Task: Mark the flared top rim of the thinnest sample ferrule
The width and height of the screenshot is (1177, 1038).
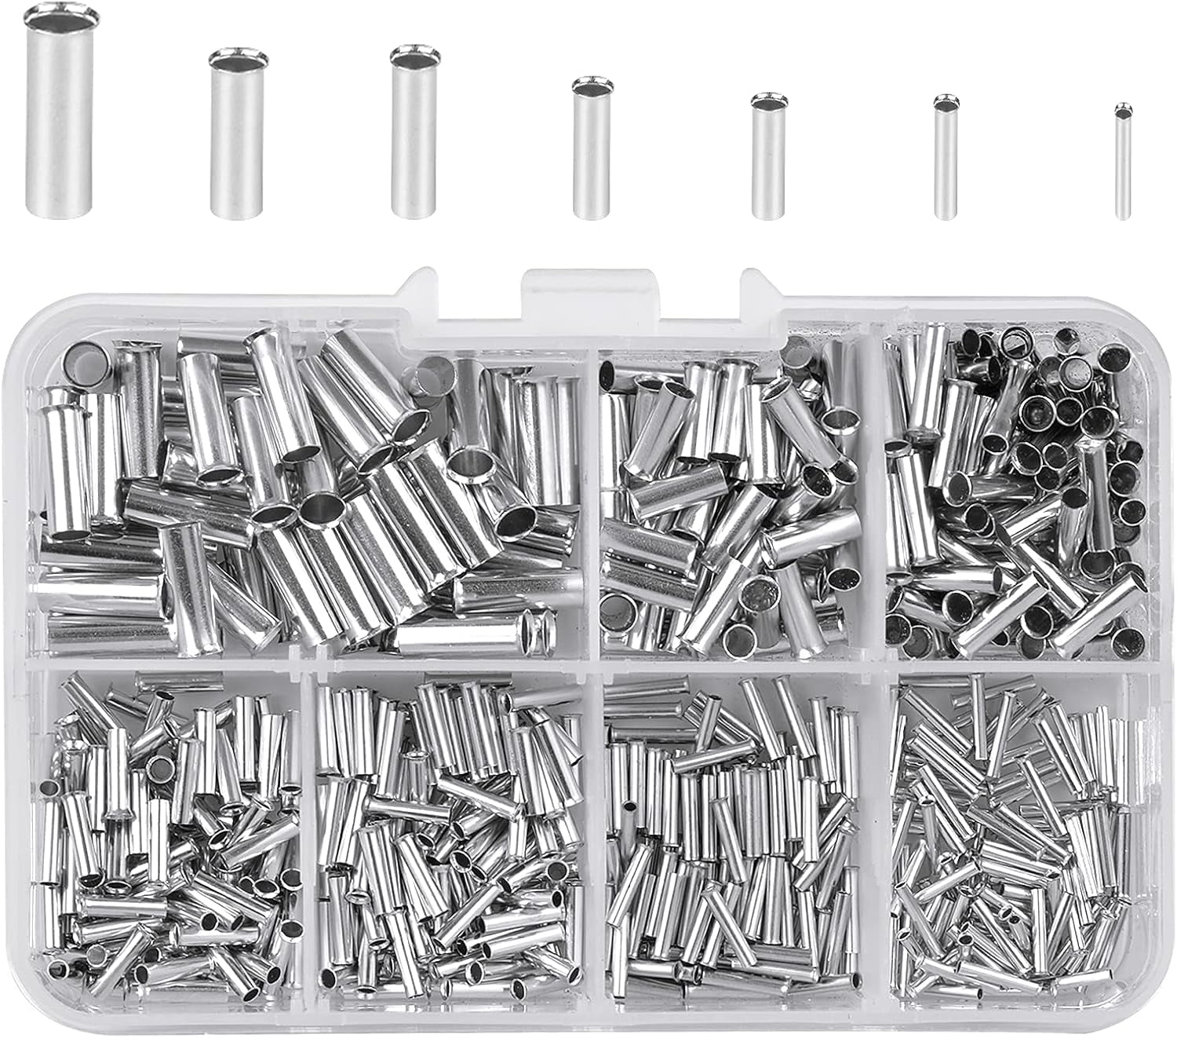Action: click(1124, 108)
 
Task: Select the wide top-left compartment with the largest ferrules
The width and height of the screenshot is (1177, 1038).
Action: click(310, 495)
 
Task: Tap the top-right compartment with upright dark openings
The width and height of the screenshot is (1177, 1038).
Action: click(1016, 495)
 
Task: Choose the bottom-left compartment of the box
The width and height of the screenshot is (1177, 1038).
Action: click(169, 832)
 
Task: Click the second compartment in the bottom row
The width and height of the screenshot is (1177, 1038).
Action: click(451, 832)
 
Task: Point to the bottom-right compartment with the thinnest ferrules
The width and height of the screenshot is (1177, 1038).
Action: click(1016, 832)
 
